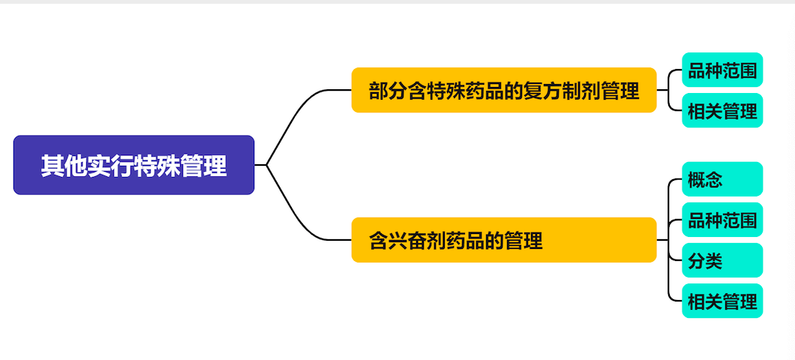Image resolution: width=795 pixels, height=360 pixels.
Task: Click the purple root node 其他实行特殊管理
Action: pyautogui.click(x=133, y=165)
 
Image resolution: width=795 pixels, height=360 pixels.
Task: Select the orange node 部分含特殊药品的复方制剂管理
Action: pyautogui.click(x=504, y=90)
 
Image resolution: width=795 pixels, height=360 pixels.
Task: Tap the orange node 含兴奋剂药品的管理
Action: pyautogui.click(x=504, y=240)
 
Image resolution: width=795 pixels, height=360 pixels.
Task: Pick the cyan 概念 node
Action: pyautogui.click(x=721, y=179)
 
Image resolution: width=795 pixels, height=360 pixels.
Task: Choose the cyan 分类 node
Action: pyautogui.click(x=721, y=260)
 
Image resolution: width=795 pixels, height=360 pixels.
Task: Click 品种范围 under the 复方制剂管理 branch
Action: pyautogui.click(x=721, y=70)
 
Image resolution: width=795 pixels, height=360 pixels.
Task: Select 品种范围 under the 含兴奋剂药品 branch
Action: pyautogui.click(x=721, y=220)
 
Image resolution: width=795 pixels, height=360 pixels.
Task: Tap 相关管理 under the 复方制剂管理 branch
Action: pyautogui.click(x=721, y=111)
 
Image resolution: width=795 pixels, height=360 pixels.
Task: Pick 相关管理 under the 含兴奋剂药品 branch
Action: pyautogui.click(x=721, y=301)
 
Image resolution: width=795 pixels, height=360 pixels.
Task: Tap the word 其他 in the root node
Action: pyautogui.click(x=64, y=166)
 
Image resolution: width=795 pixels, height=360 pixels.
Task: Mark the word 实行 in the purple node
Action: pyautogui.click(x=110, y=166)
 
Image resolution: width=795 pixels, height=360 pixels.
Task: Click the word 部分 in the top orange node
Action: pyautogui.click(x=388, y=91)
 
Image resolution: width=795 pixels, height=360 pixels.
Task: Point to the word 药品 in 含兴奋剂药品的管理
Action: pyautogui.click(x=466, y=241)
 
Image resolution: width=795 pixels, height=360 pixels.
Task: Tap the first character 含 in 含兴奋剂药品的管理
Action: pyautogui.click(x=378, y=241)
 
